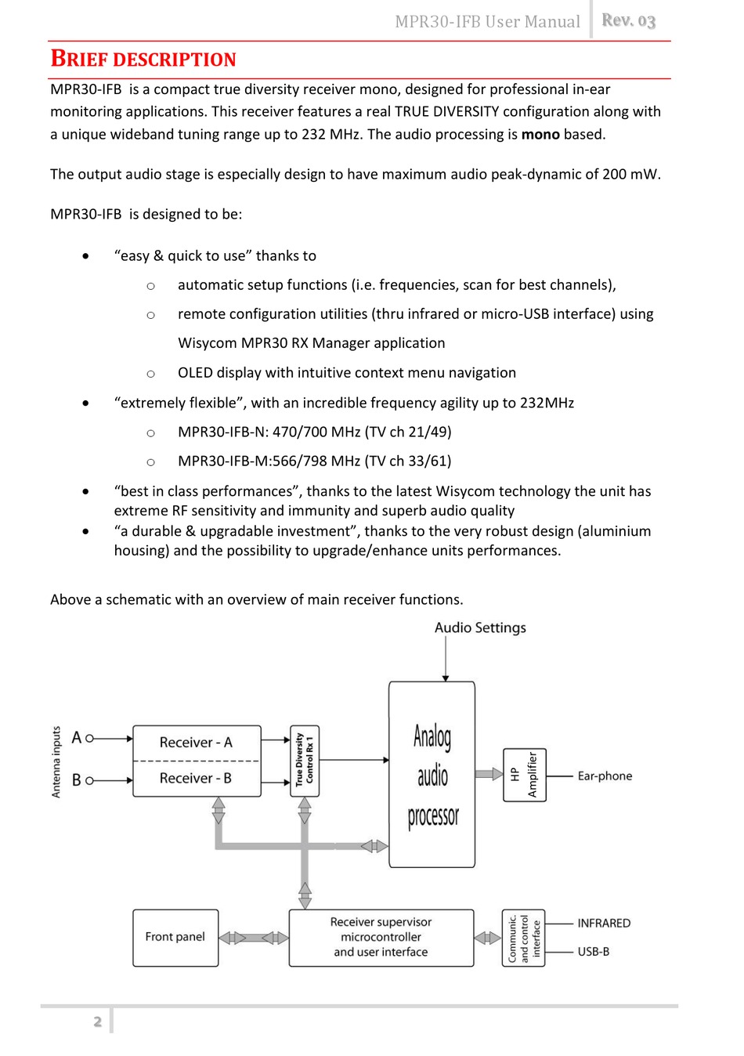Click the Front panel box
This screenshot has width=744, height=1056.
(175, 937)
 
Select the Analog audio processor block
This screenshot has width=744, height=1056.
(432, 775)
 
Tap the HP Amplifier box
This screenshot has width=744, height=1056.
(524, 775)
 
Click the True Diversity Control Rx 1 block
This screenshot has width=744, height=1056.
(305, 761)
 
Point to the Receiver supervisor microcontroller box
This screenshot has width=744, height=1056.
(381, 937)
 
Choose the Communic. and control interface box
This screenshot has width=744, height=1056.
(523, 938)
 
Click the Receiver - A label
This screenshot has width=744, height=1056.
(196, 742)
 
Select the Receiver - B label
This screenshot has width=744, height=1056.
(196, 778)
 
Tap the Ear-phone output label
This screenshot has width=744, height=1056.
(605, 776)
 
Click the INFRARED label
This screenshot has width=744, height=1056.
(604, 923)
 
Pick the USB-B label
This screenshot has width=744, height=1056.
(593, 951)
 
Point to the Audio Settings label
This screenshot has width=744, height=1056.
(480, 627)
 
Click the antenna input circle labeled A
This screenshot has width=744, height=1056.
(89, 738)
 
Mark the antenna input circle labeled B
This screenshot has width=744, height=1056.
(89, 780)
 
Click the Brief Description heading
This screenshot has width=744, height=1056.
(143, 60)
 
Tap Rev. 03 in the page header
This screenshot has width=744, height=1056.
(628, 21)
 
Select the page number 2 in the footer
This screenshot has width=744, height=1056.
(98, 1021)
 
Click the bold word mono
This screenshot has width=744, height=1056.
(540, 134)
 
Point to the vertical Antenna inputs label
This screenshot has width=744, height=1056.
(56, 761)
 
